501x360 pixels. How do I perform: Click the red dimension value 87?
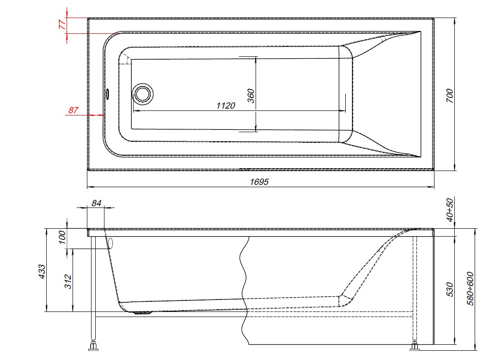tap(73, 110)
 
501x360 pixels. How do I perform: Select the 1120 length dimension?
tap(226, 106)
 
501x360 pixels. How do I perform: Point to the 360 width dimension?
tap(251, 95)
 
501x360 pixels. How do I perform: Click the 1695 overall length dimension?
tap(259, 182)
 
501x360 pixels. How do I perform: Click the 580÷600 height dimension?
tap(470, 287)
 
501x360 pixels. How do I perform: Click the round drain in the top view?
tap(143, 94)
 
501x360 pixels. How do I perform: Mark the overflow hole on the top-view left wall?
tap(107, 94)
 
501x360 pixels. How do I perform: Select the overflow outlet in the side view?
tap(110, 244)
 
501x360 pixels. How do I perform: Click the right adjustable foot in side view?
tap(415, 345)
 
